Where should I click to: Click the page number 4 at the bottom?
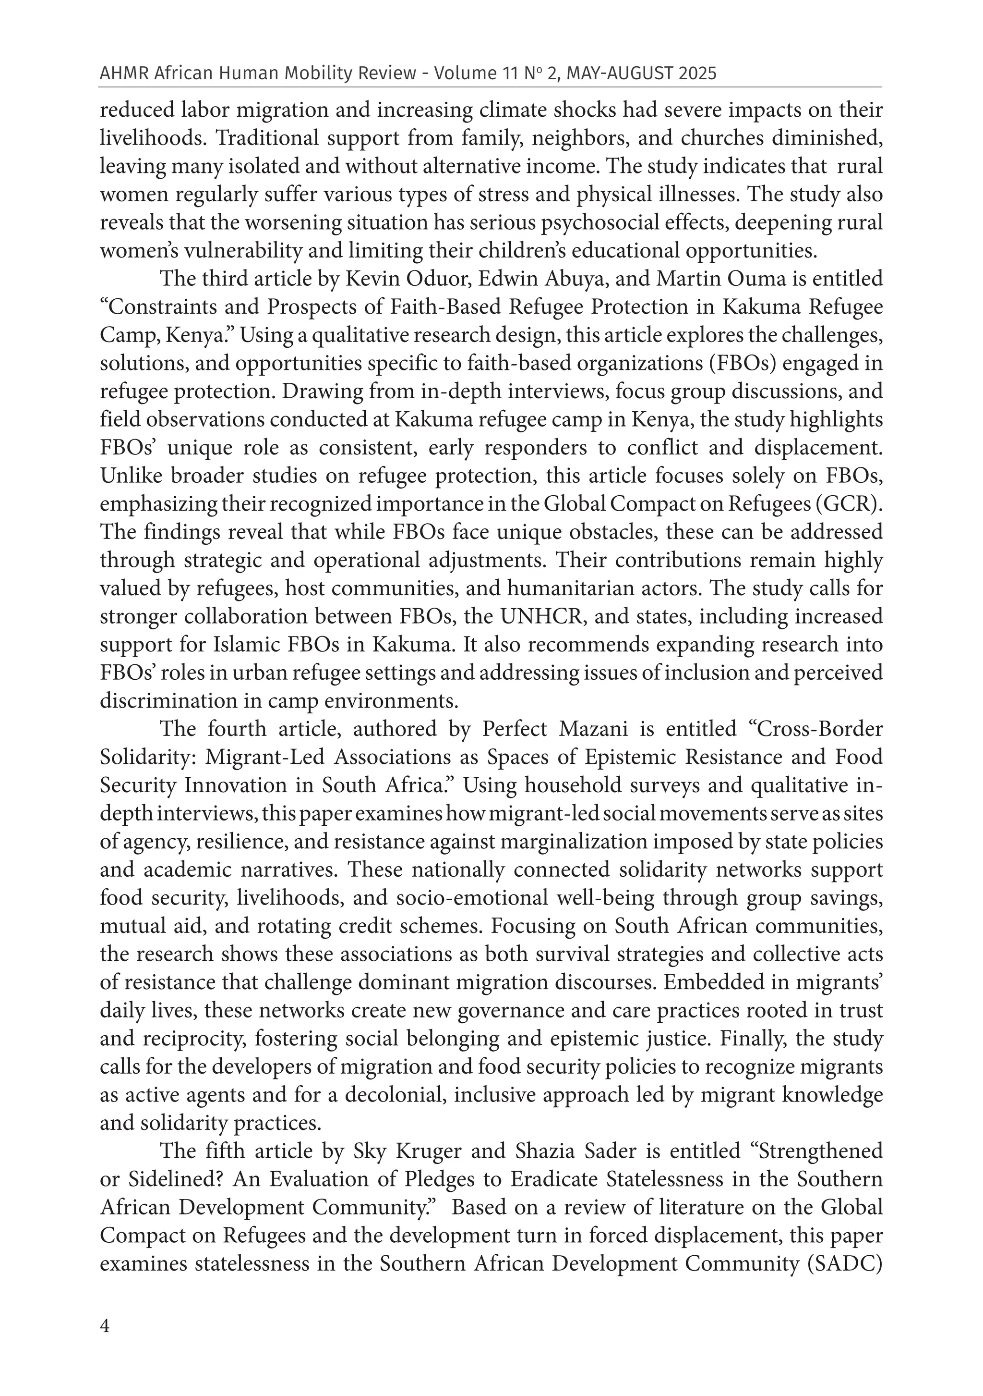[x=105, y=1325]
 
